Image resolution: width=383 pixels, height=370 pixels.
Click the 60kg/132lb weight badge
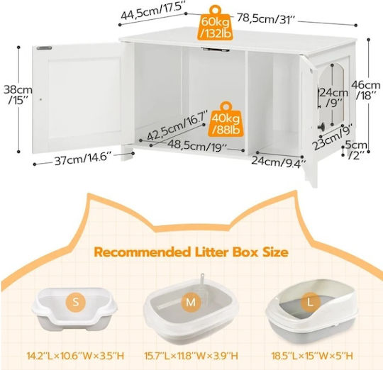[x=215, y=23]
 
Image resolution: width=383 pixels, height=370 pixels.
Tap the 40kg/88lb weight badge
[x=226, y=119]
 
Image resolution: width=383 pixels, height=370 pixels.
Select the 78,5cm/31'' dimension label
[x=267, y=19]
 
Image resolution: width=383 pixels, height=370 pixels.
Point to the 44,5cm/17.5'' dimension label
[x=152, y=11]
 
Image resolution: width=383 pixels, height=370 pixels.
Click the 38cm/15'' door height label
[x=18, y=95]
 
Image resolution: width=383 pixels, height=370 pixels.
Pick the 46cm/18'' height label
[x=365, y=89]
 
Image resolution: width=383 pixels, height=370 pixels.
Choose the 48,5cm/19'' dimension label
[x=197, y=146]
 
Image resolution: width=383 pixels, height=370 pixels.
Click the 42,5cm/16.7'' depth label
[x=177, y=125]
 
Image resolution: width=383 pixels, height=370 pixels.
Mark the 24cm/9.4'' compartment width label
[x=279, y=162]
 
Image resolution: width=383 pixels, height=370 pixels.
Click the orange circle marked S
[x=75, y=302]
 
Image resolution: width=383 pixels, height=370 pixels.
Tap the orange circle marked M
[x=191, y=302]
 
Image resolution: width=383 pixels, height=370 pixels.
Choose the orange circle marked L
[x=310, y=303]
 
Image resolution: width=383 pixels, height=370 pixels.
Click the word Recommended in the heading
[x=143, y=252]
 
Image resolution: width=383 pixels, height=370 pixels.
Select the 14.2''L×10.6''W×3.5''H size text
[x=75, y=356]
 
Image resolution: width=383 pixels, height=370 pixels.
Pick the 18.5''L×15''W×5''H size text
[x=312, y=356]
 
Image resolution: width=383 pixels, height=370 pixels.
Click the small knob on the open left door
[x=41, y=99]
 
